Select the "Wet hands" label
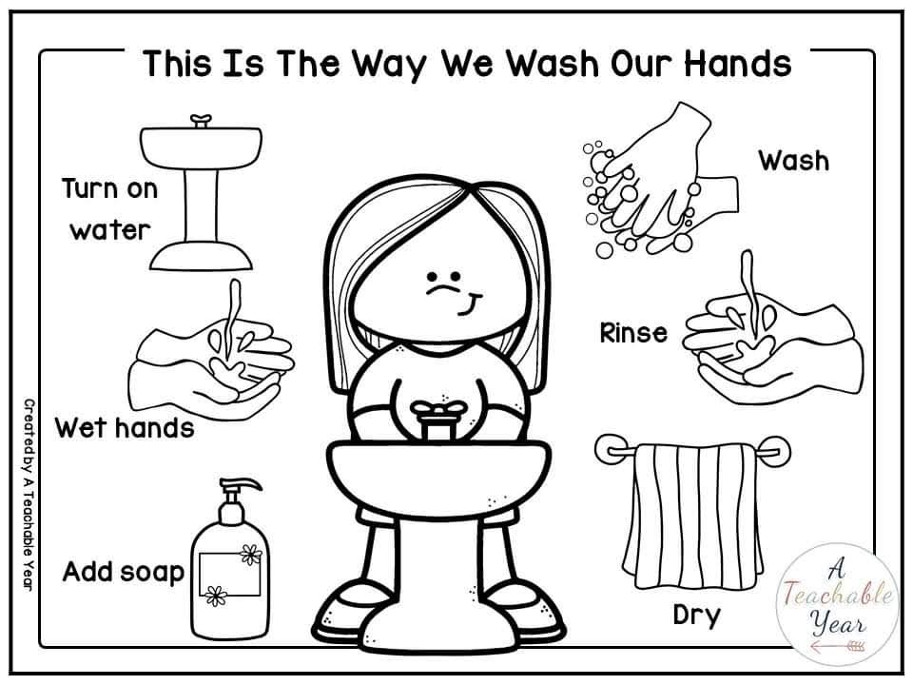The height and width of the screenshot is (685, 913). pyautogui.click(x=124, y=427)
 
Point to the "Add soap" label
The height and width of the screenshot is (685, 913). pyautogui.click(x=123, y=572)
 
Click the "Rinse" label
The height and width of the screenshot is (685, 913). pyautogui.click(x=632, y=333)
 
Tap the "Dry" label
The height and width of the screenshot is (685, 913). pyautogui.click(x=696, y=615)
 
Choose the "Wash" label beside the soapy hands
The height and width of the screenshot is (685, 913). pyautogui.click(x=792, y=160)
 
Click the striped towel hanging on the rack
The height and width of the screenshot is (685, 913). pyautogui.click(x=691, y=514)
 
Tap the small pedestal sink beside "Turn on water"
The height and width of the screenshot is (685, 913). pyautogui.click(x=199, y=190)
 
